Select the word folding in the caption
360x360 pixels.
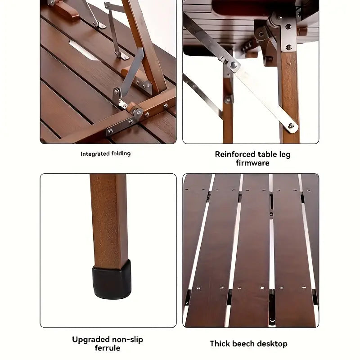(121, 154)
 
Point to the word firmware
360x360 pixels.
(252, 163)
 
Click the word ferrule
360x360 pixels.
(108, 348)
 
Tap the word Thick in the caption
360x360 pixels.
(220, 344)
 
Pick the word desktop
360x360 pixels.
(273, 344)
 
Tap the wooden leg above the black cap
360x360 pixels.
(108, 216)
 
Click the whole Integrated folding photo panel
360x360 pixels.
(108, 72)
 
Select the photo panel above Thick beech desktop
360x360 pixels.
(251, 250)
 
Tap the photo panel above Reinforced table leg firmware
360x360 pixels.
(251, 72)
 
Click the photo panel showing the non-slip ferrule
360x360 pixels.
(108, 250)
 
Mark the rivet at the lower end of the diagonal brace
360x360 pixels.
(290, 126)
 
